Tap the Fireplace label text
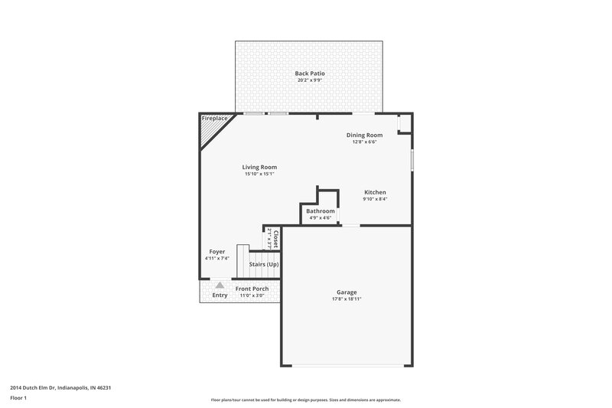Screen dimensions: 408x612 (x=214, y=119)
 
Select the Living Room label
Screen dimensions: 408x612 (x=259, y=167)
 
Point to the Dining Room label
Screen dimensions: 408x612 (x=364, y=135)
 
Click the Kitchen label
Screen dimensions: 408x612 (x=375, y=192)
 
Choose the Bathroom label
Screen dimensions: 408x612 (x=321, y=211)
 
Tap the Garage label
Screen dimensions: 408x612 (x=347, y=292)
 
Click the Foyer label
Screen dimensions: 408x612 (x=217, y=252)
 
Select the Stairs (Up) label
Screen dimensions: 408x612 (x=264, y=264)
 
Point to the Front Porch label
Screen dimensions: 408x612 (x=252, y=289)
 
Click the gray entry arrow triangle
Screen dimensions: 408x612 (x=220, y=285)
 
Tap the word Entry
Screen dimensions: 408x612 (x=220, y=295)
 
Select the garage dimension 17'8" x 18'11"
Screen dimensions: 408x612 (x=347, y=299)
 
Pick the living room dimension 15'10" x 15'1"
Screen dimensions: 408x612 (x=259, y=174)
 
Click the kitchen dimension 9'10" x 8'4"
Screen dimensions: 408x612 (x=375, y=199)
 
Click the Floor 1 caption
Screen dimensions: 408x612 (x=19, y=399)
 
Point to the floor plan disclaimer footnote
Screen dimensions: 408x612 (x=305, y=400)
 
